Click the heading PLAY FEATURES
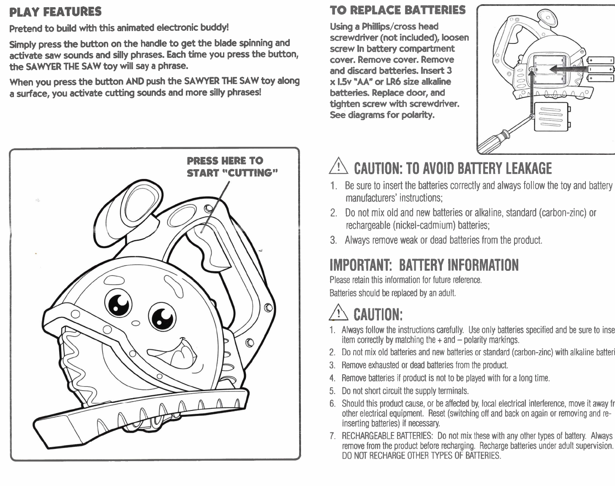click(55, 11)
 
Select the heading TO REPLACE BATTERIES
click(397, 10)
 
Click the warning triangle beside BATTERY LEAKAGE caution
click(340, 168)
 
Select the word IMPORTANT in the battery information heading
click(360, 265)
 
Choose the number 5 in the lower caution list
click(332, 391)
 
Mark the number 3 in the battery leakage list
click(333, 240)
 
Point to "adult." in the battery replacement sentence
click(446, 293)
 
